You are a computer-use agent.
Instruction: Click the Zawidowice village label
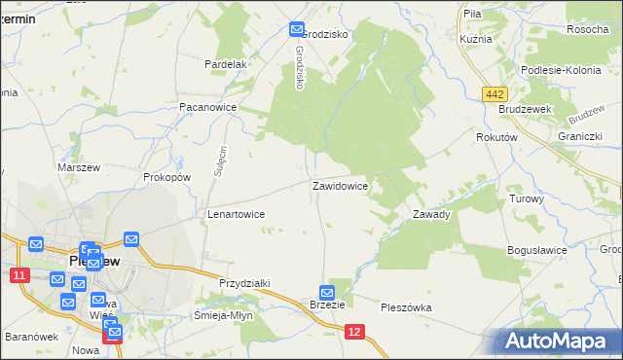pos(340,185)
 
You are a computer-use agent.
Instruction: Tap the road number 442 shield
pos(495,92)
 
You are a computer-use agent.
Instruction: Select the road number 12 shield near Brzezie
pos(355,333)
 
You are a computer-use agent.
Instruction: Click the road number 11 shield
pos(18,276)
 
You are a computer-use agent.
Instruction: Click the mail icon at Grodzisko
pos(297,32)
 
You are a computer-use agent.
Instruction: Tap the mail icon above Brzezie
pos(327,292)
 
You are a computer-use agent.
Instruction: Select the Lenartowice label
pos(237,214)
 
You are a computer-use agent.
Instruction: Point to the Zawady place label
pos(431,214)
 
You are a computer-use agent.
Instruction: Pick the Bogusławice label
pos(537,250)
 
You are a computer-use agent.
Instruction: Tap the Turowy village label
pos(527,198)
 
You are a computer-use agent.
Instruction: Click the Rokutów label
pos(495,138)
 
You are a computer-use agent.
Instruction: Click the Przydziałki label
pos(244,282)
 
